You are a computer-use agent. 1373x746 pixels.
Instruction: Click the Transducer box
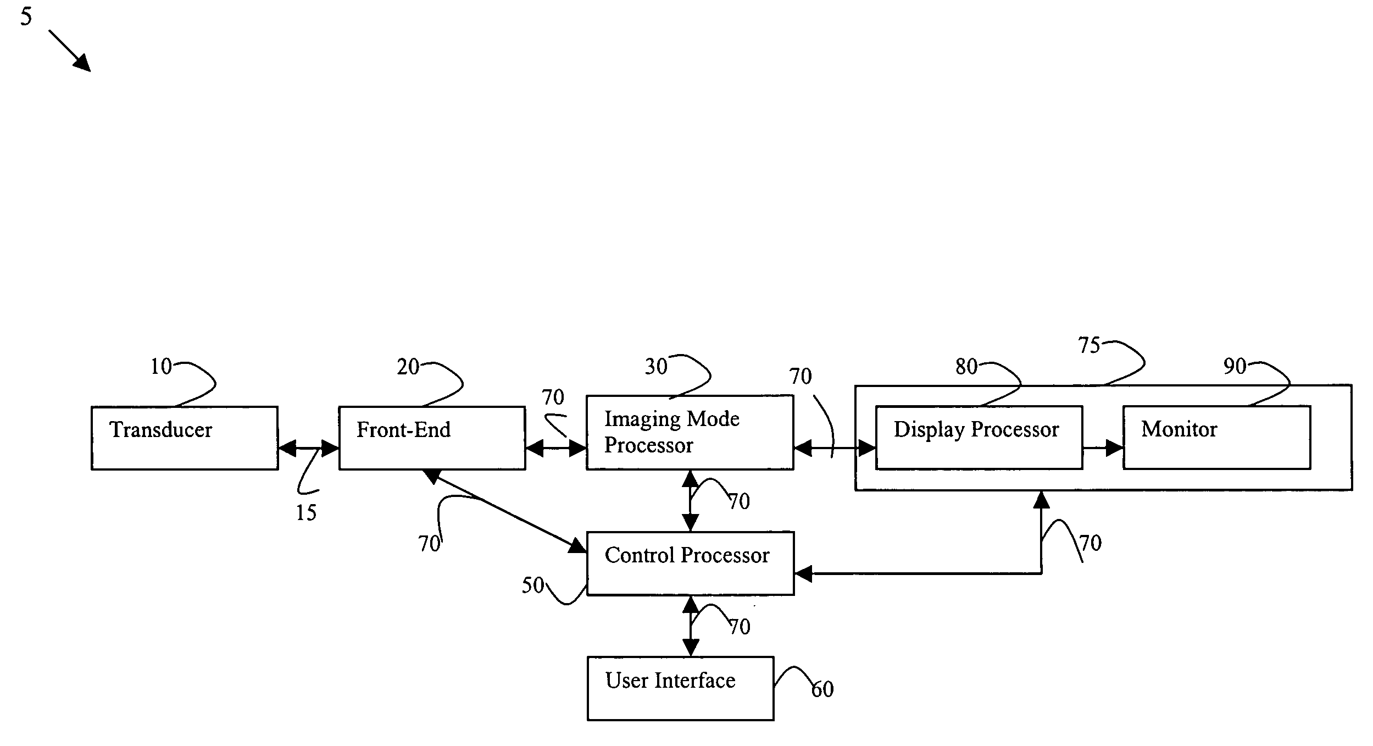coord(185,438)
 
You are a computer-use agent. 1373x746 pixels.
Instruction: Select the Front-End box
coord(432,438)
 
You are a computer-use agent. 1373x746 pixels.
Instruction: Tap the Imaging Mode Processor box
coord(690,432)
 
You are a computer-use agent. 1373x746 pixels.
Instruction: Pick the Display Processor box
coord(979,438)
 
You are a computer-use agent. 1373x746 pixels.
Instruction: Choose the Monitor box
coord(1217,438)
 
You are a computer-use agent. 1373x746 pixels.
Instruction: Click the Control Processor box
coord(690,563)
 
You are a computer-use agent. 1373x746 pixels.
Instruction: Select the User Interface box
coord(680,688)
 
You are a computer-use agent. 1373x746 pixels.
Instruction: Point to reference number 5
coord(26,17)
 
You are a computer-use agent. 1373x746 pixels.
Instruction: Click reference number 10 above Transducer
coord(161,367)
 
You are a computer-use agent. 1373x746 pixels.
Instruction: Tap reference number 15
coord(306,513)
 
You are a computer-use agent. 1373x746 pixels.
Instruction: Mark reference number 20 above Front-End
coord(408,367)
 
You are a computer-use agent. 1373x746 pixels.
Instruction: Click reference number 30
coord(656,366)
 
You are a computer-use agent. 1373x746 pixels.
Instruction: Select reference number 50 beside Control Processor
coord(532,585)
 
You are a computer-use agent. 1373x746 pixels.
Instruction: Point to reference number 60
coord(822,689)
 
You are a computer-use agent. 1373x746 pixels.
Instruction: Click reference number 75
coord(1089,345)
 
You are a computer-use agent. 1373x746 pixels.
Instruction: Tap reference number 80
coord(966,367)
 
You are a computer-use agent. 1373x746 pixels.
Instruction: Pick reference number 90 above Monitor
coord(1235,366)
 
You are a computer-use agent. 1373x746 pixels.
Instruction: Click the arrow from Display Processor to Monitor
coord(1103,448)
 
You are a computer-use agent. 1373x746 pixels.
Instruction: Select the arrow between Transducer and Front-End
coord(309,449)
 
